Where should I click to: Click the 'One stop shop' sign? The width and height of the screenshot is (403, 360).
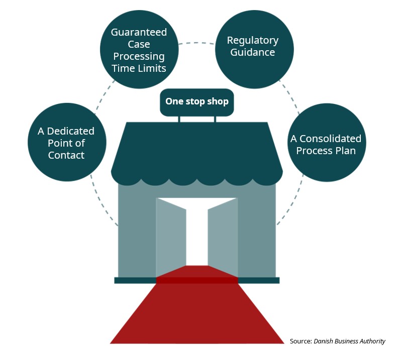[x=196, y=101]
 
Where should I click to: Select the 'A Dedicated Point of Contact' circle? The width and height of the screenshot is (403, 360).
[x=66, y=143]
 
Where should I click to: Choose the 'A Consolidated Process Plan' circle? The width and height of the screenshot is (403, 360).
[x=326, y=144]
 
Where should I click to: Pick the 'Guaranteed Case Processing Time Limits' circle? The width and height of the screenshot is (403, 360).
[x=139, y=50]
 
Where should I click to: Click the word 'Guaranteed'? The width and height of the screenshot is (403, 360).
[x=139, y=32]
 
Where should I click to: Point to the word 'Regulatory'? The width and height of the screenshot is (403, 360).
[x=253, y=40]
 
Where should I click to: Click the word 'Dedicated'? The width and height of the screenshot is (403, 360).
[x=70, y=131]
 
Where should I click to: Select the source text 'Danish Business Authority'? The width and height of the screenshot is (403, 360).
[x=350, y=341]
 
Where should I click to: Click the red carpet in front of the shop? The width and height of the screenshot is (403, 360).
[x=197, y=316]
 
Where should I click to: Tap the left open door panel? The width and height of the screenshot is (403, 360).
[x=171, y=236]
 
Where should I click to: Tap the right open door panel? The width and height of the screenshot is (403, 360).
[x=222, y=236]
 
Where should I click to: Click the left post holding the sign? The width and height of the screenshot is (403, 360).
[x=179, y=119]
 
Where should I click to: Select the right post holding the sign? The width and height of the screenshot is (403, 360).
[x=215, y=119]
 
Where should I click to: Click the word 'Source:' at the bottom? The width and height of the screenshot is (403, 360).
[x=300, y=341]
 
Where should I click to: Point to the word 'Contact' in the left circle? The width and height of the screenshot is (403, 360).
[x=66, y=155]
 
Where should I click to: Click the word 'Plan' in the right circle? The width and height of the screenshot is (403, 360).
[x=346, y=151]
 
